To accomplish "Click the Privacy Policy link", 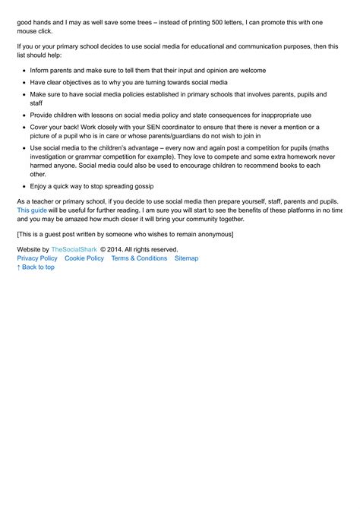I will click(x=37, y=258).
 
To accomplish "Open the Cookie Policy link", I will click(x=84, y=258).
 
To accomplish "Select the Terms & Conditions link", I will click(x=139, y=258).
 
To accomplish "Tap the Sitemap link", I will click(x=186, y=258).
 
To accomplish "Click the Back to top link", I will click(x=36, y=267).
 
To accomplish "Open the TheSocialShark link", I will click(x=74, y=249).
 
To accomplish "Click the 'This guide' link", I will click(x=32, y=210).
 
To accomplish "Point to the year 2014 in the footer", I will click(x=115, y=249).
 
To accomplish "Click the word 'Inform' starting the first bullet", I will click(x=39, y=70).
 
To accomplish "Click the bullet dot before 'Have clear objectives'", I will click(x=24, y=82).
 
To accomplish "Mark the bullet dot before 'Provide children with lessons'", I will click(x=24, y=115).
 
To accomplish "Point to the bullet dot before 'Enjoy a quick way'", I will click(x=24, y=185).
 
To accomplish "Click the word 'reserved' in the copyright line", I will click(x=163, y=249).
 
